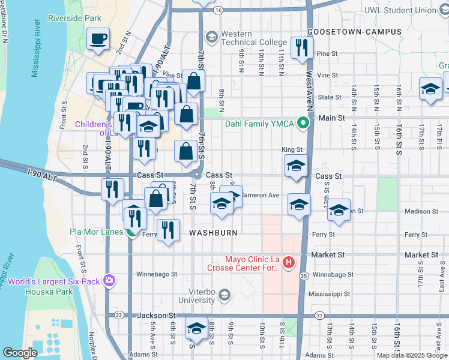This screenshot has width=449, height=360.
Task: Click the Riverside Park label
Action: (x=75, y=18)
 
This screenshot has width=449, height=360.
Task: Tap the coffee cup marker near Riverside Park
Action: (x=98, y=40)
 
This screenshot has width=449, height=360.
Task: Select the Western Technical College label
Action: (x=246, y=38)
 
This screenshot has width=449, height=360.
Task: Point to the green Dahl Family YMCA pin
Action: (x=304, y=124)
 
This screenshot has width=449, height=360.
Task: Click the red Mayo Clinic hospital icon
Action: (x=289, y=262)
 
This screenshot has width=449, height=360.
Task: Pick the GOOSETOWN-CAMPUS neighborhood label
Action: (x=345, y=31)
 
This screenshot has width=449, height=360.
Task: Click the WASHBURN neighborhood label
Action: (x=214, y=232)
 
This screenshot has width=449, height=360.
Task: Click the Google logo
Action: (x=20, y=353)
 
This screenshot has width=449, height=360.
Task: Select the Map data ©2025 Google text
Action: (x=411, y=355)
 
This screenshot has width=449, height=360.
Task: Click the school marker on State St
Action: (x=430, y=89)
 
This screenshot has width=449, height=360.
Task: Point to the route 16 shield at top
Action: (x=218, y=10)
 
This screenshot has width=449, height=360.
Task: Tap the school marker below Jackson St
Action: (x=196, y=329)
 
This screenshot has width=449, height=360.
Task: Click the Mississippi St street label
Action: (x=329, y=294)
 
